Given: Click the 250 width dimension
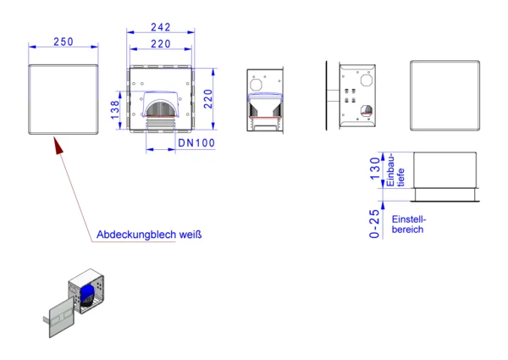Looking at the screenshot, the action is point(63,42).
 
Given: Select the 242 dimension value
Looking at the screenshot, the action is point(161,27).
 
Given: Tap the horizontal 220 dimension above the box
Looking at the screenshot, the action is point(161,44).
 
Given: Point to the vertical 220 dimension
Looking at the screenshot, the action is point(208,99).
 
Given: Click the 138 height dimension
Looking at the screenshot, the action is point(115,110).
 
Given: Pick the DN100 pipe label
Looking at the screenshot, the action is point(196,143).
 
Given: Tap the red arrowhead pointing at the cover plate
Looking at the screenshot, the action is point(58,146).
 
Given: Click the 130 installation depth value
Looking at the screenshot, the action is point(375,169).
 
